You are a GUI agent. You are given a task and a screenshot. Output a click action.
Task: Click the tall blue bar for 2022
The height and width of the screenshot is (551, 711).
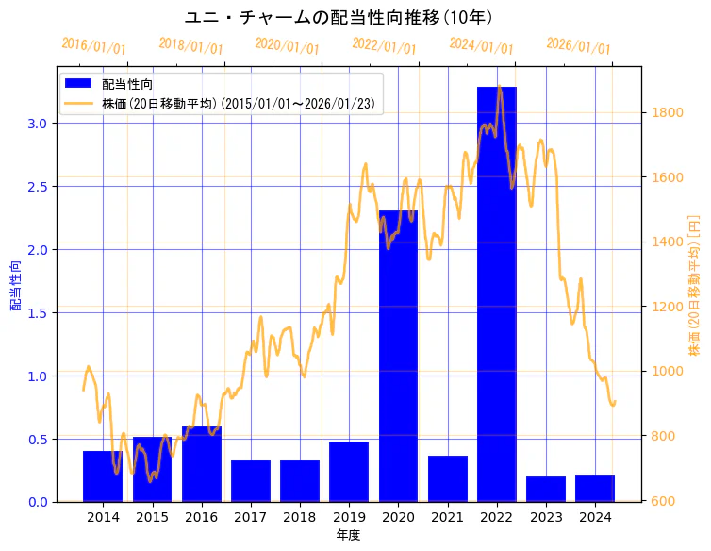click(x=496, y=293)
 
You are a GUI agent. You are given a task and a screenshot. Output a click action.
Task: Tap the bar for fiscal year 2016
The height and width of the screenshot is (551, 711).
click(x=202, y=463)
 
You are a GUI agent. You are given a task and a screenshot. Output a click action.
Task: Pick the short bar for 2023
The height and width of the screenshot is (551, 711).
click(x=546, y=489)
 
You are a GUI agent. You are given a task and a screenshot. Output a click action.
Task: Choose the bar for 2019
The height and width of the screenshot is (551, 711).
click(x=349, y=471)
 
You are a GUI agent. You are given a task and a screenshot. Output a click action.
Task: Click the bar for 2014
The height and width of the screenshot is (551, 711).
click(x=103, y=476)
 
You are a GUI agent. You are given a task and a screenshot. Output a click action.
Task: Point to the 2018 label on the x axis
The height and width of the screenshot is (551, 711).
click(x=300, y=517)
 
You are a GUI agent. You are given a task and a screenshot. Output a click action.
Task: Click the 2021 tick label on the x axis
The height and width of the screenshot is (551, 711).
click(x=447, y=517)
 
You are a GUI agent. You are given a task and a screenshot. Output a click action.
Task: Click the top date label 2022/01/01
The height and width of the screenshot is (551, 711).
click(x=384, y=46)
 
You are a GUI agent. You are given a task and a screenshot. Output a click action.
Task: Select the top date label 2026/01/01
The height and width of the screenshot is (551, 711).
click(x=578, y=46)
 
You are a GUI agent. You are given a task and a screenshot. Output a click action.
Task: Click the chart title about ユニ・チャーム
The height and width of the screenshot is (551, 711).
click(x=339, y=18)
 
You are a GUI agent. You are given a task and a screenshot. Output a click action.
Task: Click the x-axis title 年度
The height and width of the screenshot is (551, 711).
click(x=348, y=535)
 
